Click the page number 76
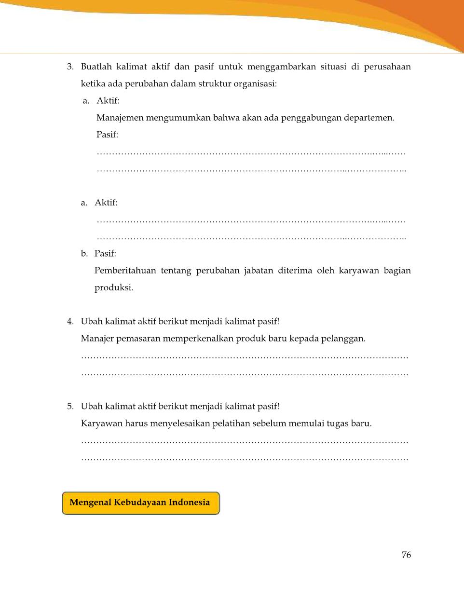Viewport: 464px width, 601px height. tap(406, 555)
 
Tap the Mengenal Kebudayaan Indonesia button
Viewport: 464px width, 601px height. tap(140, 503)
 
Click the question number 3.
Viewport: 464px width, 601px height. tap(70, 67)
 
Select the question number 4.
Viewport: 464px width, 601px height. tap(70, 321)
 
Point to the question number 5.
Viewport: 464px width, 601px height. tap(70, 406)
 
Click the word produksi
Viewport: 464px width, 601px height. tap(113, 287)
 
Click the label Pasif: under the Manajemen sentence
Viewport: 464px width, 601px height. tap(107, 135)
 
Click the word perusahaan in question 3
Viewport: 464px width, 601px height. tap(387, 67)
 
